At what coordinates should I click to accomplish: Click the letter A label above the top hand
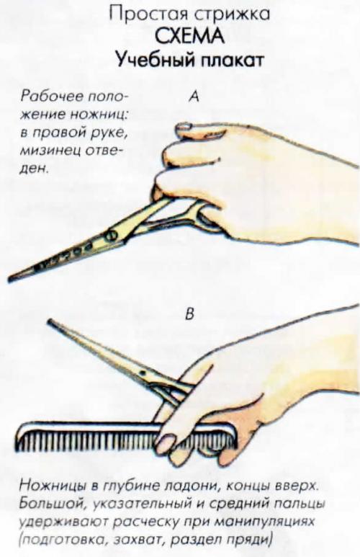pyautogui.click(x=193, y=97)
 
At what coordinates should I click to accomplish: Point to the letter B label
pyautogui.click(x=190, y=313)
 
